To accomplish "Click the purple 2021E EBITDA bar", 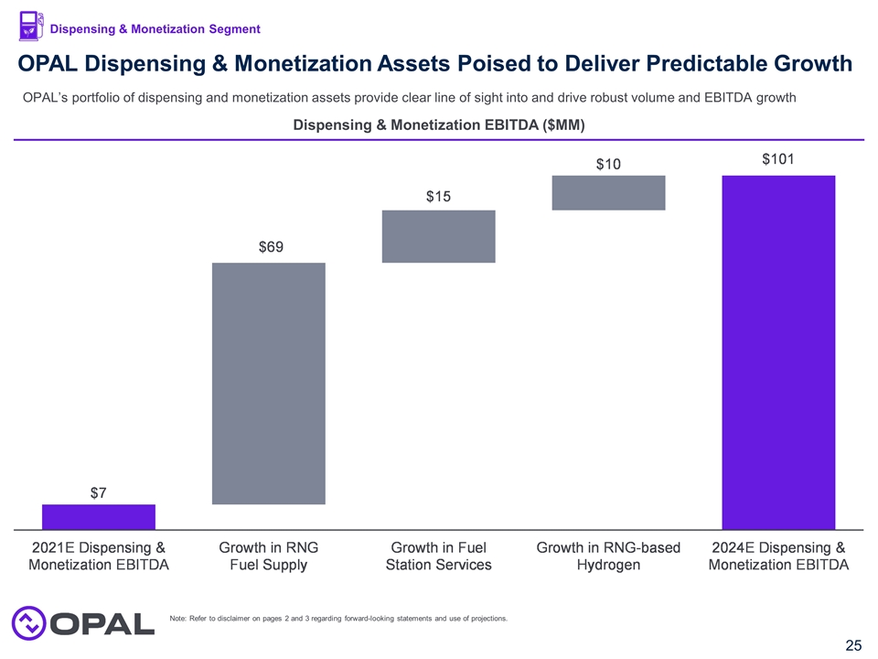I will [99, 516].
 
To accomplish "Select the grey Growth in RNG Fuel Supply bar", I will [269, 383].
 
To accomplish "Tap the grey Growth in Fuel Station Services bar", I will [438, 236].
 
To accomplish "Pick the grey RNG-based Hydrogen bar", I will [608, 192].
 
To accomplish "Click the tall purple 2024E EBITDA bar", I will [778, 351].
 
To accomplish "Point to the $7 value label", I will [99, 492].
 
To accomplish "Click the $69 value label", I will [269, 247].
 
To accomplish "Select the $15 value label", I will [438, 197].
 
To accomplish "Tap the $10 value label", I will [608, 164].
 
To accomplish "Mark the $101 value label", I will [778, 158].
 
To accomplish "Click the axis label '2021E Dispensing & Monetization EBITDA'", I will [99, 556].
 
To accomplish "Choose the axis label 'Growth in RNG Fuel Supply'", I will [269, 556].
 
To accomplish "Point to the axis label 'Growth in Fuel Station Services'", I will [438, 556].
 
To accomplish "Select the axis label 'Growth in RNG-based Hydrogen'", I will [608, 556].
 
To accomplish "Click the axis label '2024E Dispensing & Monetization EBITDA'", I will [778, 556].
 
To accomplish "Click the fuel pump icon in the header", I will [31, 27].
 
